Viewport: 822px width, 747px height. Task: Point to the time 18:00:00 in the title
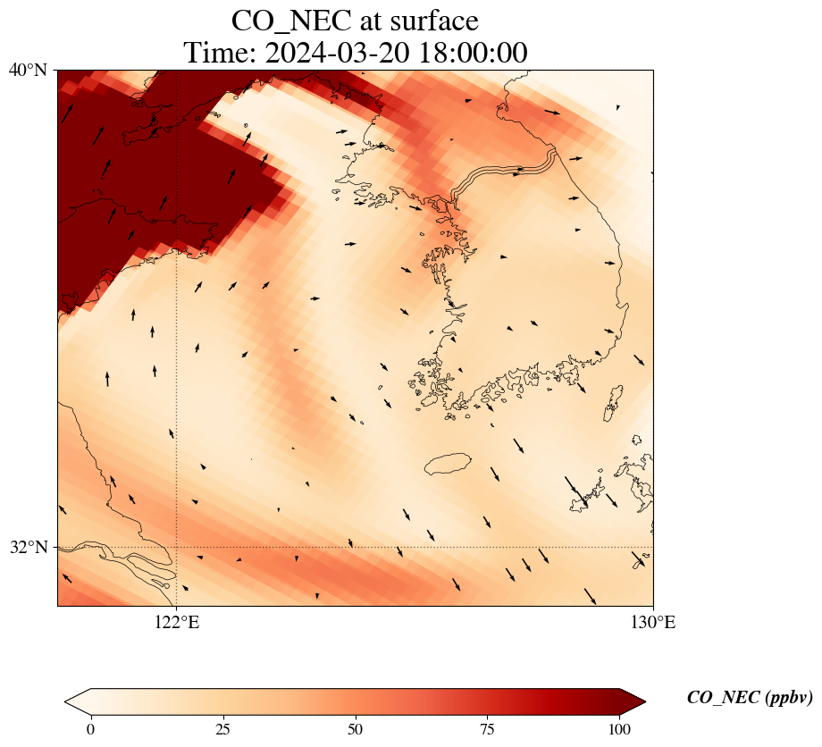(472, 53)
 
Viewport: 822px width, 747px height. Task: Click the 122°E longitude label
(177, 623)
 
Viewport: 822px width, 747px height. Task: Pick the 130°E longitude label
(653, 623)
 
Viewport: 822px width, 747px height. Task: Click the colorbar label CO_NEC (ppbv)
(749, 698)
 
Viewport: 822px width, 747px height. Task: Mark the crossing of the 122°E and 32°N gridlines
(177, 547)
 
